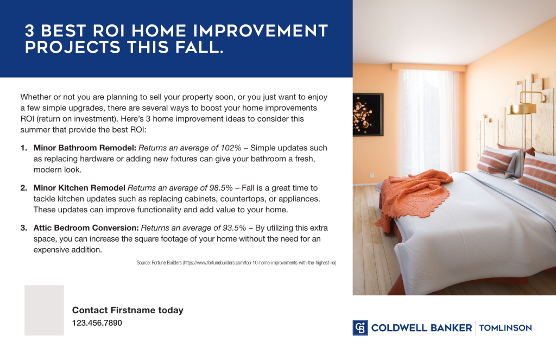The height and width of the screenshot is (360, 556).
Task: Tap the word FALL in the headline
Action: click(x=200, y=47)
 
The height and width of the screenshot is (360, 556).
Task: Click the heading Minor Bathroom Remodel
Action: click(x=85, y=148)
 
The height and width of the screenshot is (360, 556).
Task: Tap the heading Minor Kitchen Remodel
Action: click(x=79, y=188)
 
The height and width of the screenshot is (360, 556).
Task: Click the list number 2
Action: click(x=23, y=188)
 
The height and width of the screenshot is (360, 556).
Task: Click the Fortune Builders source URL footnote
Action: click(x=237, y=263)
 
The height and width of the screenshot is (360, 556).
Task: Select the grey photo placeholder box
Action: click(x=44, y=310)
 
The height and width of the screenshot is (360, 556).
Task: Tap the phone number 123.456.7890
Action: click(x=97, y=323)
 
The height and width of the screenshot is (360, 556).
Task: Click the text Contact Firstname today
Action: click(x=128, y=311)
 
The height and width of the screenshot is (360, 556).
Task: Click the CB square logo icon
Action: click(x=360, y=327)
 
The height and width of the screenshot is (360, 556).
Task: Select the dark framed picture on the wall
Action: click(x=368, y=114)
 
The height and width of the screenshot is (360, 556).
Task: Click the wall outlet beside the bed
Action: click(x=372, y=175)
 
